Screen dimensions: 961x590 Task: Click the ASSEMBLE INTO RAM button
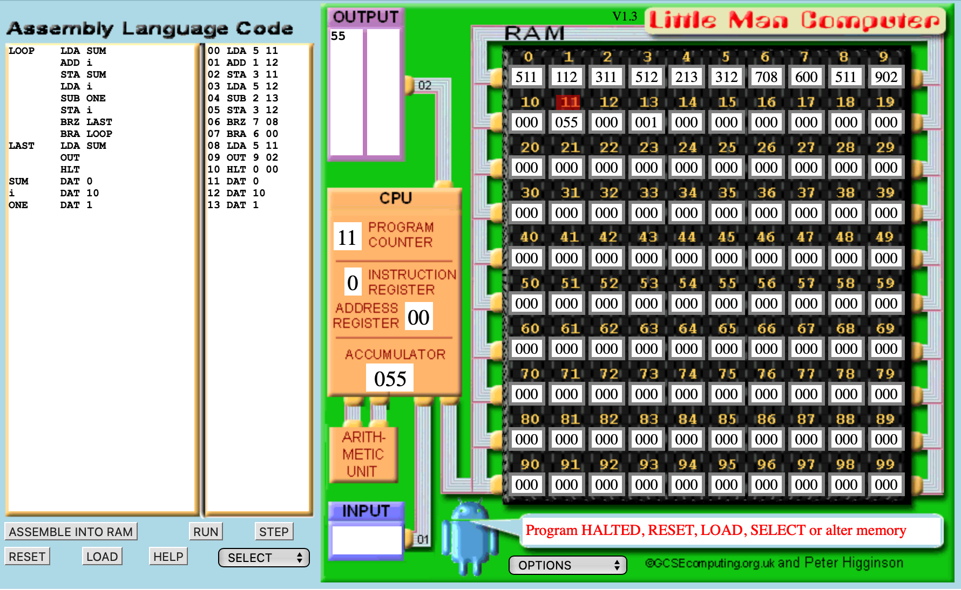click(x=71, y=532)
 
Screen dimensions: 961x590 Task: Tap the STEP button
click(x=274, y=532)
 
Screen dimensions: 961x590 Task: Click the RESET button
click(x=28, y=557)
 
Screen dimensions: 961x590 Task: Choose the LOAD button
click(x=102, y=557)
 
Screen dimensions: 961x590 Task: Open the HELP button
click(x=168, y=557)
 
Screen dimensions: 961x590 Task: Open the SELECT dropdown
click(x=264, y=558)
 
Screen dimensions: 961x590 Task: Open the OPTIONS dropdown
click(x=568, y=565)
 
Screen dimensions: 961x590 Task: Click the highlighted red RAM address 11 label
click(x=569, y=102)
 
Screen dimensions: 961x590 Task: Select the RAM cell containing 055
click(x=566, y=122)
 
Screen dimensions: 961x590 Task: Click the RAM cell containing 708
click(x=766, y=77)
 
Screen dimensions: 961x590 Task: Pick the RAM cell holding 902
click(x=886, y=77)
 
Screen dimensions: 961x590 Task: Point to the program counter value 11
click(x=347, y=237)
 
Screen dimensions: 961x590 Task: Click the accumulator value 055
click(x=390, y=379)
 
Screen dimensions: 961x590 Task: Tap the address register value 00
click(x=418, y=317)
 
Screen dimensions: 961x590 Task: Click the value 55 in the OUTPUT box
click(x=338, y=36)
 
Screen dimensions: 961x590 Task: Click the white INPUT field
click(x=367, y=540)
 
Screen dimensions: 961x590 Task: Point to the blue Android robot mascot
click(x=470, y=537)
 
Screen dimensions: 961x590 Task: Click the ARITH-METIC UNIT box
click(x=363, y=454)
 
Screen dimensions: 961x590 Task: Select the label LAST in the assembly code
click(x=22, y=146)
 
